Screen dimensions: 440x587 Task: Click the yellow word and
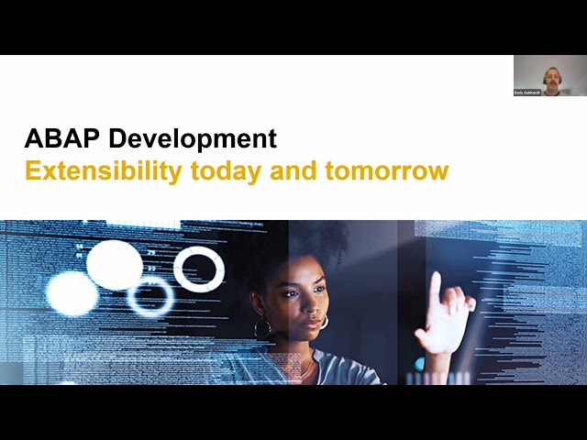point(289,170)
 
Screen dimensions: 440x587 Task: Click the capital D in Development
point(117,139)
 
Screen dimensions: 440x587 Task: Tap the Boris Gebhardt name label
point(527,93)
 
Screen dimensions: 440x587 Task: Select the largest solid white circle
point(115,265)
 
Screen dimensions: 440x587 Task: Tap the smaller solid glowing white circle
point(72,294)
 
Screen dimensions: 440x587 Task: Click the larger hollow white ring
point(199,269)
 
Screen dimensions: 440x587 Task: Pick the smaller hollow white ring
point(150,297)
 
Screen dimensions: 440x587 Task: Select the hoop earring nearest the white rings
point(262,326)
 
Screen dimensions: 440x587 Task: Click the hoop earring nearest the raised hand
point(324,322)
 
